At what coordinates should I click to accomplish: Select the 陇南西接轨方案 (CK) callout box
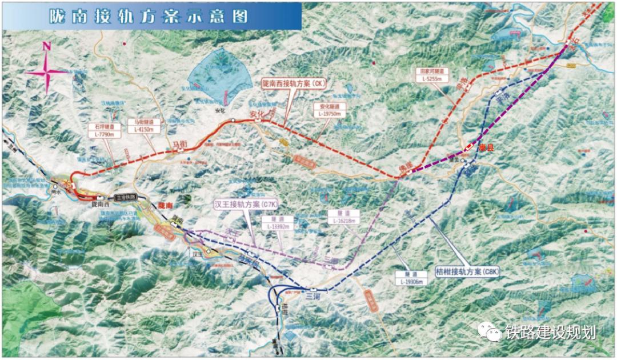click(293, 83)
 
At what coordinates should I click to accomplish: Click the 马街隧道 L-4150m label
click(141, 125)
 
